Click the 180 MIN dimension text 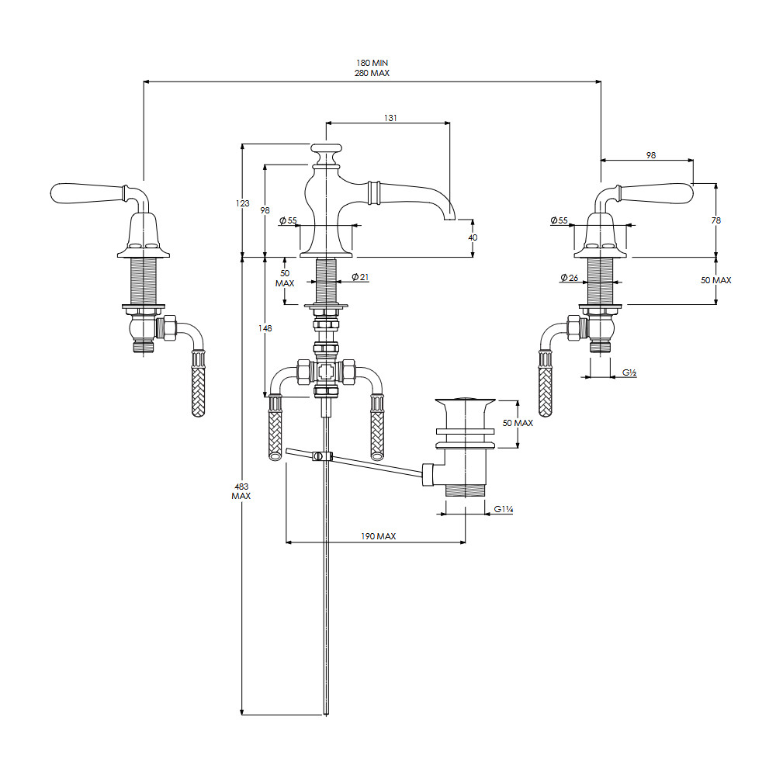coord(372,63)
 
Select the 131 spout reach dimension coord(390,118)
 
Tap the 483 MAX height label coord(241,491)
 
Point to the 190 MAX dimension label coord(379,536)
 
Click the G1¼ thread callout coord(504,509)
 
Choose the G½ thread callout coord(629,372)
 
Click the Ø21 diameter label coord(360,277)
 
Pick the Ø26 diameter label coord(569,278)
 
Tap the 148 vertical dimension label coord(265,328)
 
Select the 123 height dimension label coord(242,203)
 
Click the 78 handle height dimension coord(716,220)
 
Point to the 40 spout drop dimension coord(473,237)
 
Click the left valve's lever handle coord(87,193)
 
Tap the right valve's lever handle coord(656,193)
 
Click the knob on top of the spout coord(326,148)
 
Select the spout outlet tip coord(449,217)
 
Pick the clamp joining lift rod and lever coord(322,456)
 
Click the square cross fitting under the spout coord(326,371)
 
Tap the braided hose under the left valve coord(198,383)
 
